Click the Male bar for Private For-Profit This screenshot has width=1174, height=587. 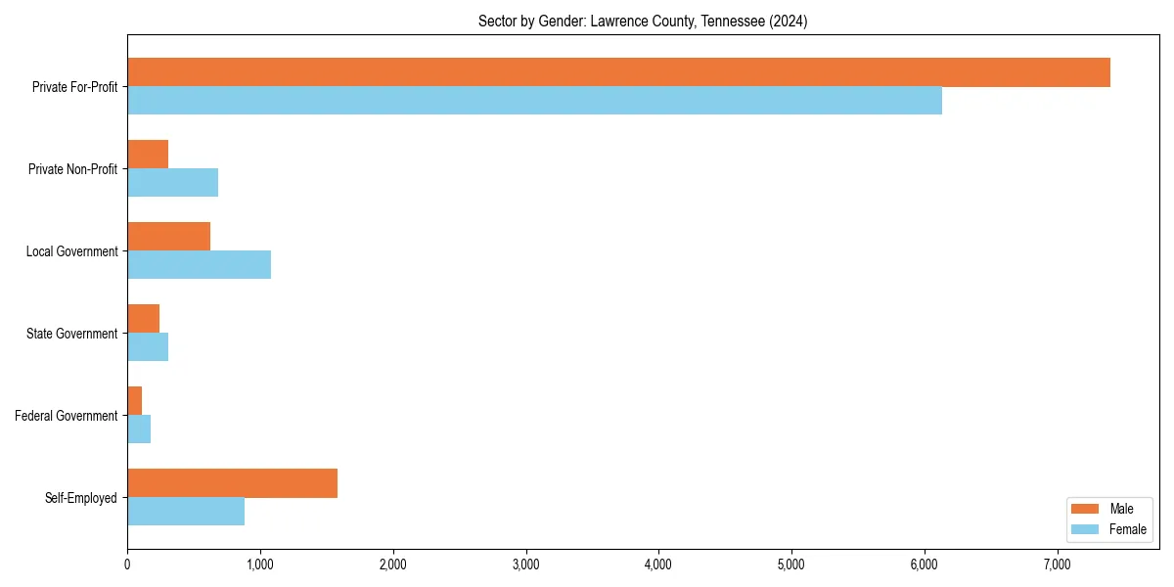[618, 72]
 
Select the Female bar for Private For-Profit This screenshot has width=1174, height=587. [534, 101]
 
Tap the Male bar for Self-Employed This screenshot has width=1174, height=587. [232, 483]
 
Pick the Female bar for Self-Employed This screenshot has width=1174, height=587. [186, 512]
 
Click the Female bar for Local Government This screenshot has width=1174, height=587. [199, 265]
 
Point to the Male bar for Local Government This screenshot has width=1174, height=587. [168, 237]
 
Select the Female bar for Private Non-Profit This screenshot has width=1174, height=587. [172, 183]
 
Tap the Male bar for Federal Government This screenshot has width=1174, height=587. [135, 401]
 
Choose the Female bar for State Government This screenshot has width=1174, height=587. [148, 347]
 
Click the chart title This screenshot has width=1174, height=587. [643, 21]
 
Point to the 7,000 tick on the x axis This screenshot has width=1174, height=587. [1058, 564]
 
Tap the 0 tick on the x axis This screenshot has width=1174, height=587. [127, 564]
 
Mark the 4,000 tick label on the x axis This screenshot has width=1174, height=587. [658, 564]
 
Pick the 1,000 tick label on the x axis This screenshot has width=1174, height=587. [260, 564]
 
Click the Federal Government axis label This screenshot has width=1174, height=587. [67, 416]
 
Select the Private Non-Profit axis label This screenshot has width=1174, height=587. [72, 169]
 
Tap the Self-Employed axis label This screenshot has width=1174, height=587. [81, 498]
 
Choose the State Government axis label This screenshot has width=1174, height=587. [72, 334]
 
